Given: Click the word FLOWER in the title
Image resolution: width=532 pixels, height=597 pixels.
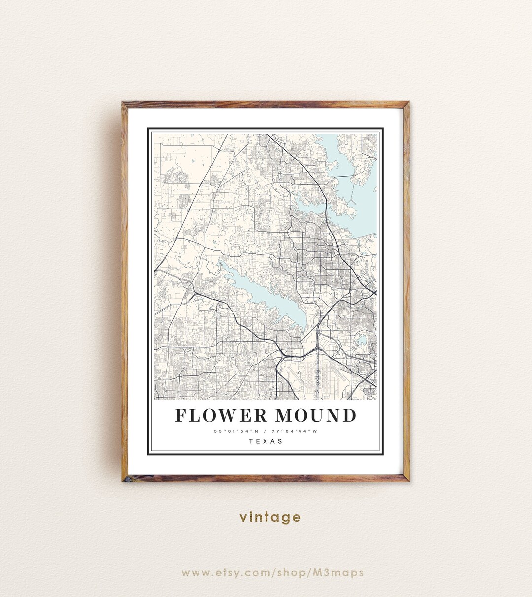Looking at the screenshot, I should click(221, 415).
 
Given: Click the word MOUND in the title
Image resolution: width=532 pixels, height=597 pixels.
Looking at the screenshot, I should click(315, 415).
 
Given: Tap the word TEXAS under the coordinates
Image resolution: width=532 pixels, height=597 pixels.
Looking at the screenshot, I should click(266, 441).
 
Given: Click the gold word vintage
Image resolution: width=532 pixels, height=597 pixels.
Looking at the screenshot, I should click(270, 517).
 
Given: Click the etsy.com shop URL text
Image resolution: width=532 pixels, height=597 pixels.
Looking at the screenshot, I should click(272, 573).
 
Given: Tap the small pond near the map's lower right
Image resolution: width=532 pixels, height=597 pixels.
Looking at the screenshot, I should click(363, 340).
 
